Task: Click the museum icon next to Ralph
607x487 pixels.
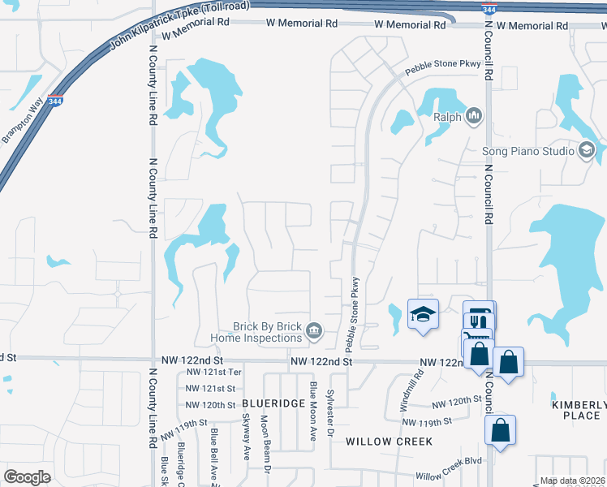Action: tap(474, 118)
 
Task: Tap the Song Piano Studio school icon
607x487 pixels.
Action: tap(586, 150)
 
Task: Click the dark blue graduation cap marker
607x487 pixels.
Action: tap(423, 316)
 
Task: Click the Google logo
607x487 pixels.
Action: tap(27, 477)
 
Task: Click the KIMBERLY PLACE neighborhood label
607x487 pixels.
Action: tap(579, 410)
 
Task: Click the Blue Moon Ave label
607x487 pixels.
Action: tap(312, 411)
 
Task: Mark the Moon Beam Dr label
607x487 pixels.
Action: tap(265, 438)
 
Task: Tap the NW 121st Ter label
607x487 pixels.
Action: tap(214, 372)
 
